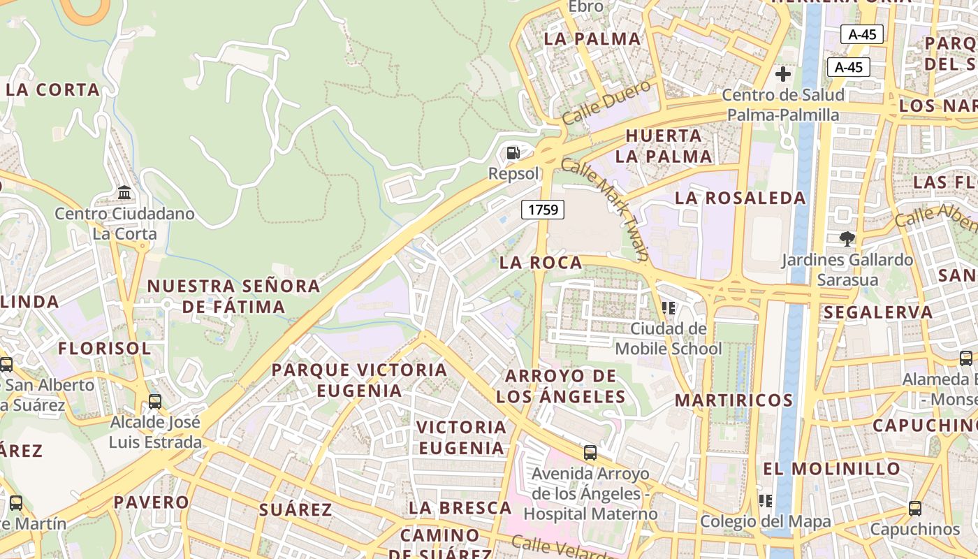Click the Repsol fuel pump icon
click(513, 152)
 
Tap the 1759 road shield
click(543, 209)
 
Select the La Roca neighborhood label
click(541, 263)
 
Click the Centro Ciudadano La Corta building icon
click(124, 192)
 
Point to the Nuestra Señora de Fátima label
click(233, 296)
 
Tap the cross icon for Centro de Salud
click(783, 74)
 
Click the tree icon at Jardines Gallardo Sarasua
click(847, 239)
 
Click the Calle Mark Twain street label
click(606, 210)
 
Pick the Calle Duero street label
click(606, 103)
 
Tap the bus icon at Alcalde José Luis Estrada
click(155, 402)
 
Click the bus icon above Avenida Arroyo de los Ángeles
click(590, 453)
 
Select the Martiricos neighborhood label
click(733, 400)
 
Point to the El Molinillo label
click(831, 468)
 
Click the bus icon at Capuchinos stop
click(915, 509)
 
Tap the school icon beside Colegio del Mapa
click(766, 501)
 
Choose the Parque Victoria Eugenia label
click(359, 380)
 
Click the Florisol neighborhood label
click(104, 349)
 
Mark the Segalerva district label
click(877, 312)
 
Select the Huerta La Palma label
click(664, 146)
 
